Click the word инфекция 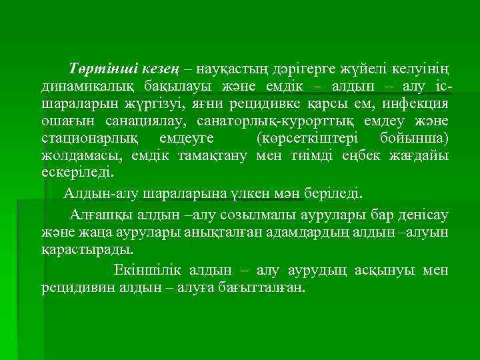pyautogui.click(x=415, y=105)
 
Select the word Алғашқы pyautogui.click(x=100, y=215)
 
